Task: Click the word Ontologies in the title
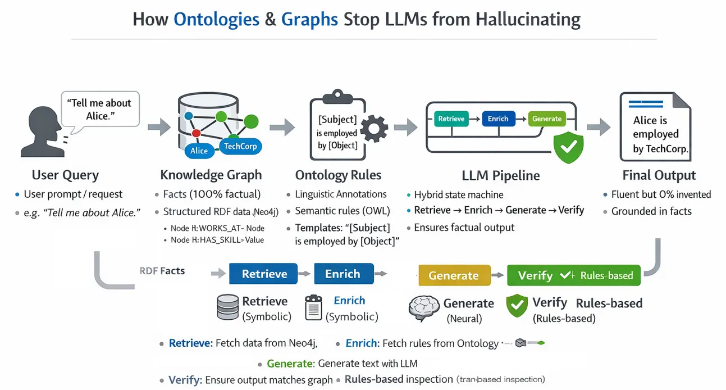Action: click(x=217, y=20)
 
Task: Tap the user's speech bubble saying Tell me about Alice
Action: click(x=100, y=110)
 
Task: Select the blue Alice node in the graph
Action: click(x=199, y=151)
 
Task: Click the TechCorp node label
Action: click(x=240, y=146)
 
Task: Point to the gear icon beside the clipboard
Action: click(x=374, y=129)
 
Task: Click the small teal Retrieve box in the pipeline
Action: click(x=451, y=119)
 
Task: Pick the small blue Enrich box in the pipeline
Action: click(x=498, y=119)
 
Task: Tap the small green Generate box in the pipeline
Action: click(x=547, y=119)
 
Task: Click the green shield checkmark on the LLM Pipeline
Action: click(x=568, y=147)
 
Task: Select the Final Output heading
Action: click(x=659, y=175)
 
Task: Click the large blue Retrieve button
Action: click(x=263, y=274)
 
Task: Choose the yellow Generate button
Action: click(x=454, y=275)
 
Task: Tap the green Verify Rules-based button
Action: click(x=574, y=275)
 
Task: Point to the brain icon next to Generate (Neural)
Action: click(x=423, y=308)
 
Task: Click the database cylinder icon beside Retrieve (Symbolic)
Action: click(x=227, y=307)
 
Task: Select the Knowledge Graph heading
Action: click(x=211, y=175)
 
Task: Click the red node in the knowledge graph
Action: click(x=196, y=133)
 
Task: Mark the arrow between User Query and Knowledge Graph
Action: click(x=159, y=126)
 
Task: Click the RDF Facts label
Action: click(x=162, y=271)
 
